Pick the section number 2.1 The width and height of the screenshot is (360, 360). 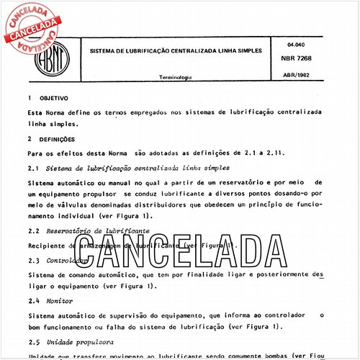tap(32, 168)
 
